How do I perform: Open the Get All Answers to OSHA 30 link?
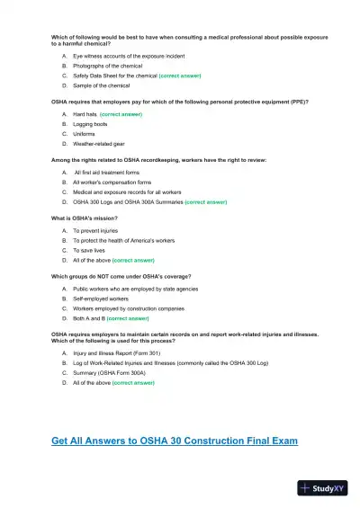[175, 441]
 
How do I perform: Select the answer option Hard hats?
[85, 115]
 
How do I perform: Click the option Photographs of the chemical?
[107, 66]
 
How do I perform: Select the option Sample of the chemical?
[101, 85]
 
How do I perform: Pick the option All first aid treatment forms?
[106, 172]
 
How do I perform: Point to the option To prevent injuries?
[95, 230]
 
